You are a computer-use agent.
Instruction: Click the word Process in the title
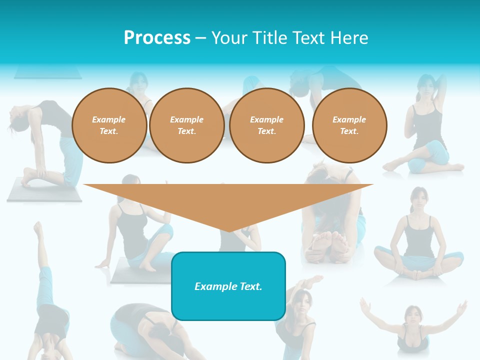tap(157, 37)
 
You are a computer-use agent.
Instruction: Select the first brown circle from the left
tap(109, 125)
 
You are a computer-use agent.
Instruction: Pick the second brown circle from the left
tap(186, 125)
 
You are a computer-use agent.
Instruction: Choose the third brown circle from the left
tap(266, 125)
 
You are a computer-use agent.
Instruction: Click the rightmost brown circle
tap(349, 125)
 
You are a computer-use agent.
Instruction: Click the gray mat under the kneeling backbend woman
tap(44, 192)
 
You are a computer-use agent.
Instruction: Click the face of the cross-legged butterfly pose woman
tap(419, 199)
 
